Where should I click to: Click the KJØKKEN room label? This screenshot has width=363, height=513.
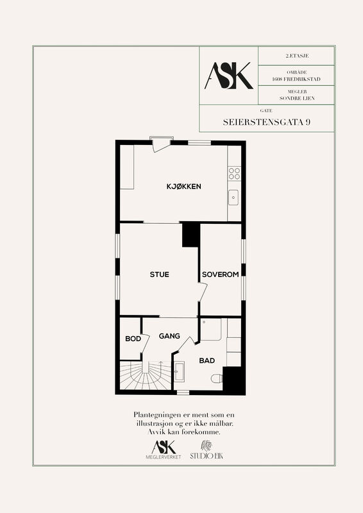pos(183,187)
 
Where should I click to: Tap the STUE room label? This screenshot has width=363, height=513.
pos(160,274)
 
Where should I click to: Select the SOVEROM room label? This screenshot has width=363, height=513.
pos(220,274)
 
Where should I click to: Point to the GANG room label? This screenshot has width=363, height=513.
pos(169,336)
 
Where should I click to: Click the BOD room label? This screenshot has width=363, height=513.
pos(133,339)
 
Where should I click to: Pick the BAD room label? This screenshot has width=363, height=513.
pos(207,360)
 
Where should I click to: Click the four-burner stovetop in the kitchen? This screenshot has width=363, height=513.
pos(234,173)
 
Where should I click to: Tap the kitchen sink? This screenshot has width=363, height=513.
pos(233,198)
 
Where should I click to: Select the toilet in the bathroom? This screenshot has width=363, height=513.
pos(217,379)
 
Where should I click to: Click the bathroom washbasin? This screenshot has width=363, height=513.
pos(179,371)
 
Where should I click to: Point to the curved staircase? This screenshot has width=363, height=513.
pos(146,375)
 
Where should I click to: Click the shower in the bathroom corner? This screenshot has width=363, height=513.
pos(210,330)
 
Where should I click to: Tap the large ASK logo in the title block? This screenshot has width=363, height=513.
pos(229,76)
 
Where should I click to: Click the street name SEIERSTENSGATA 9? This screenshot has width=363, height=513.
pos(267,122)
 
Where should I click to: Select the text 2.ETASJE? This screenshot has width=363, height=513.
pos(297,56)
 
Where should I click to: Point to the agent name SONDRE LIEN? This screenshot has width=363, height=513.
pos(297,98)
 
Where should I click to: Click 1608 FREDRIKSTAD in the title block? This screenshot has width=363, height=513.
pos(296,79)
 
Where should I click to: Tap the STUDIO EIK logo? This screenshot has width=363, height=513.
pos(207,450)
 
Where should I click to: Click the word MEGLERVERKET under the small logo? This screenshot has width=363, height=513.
pos(164,457)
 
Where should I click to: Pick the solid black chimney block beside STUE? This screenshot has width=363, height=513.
pos(191,235)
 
